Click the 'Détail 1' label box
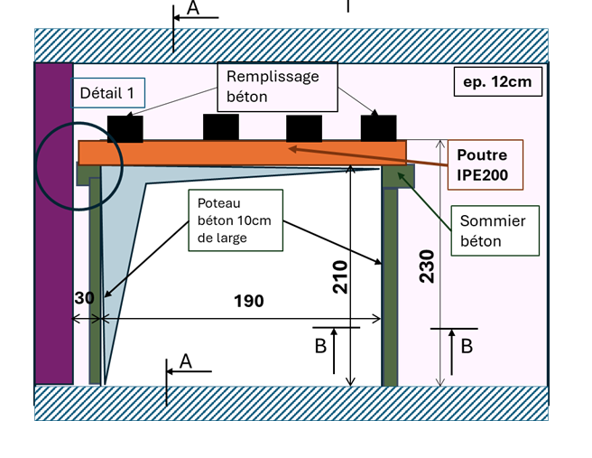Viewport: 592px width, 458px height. click(x=107, y=92)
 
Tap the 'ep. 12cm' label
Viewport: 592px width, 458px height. click(x=497, y=82)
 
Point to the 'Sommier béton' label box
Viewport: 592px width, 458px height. click(x=495, y=230)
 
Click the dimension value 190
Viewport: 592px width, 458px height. click(x=248, y=301)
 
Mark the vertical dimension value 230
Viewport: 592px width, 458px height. click(x=428, y=266)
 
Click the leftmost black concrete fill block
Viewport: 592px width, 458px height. click(x=125, y=129)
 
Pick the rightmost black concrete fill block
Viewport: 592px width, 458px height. click(x=378, y=128)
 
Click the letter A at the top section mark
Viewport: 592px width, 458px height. click(x=192, y=8)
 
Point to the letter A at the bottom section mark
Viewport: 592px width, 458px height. click(x=186, y=360)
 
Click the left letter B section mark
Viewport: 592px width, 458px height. click(x=319, y=346)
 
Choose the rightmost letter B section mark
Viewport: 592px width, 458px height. click(x=467, y=346)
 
